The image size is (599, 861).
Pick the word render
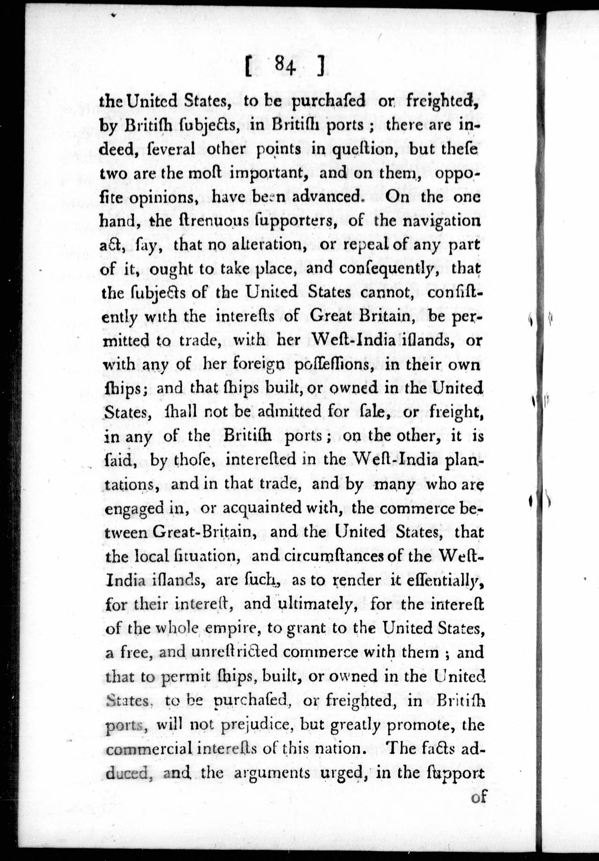pyautogui.click(x=357, y=580)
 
